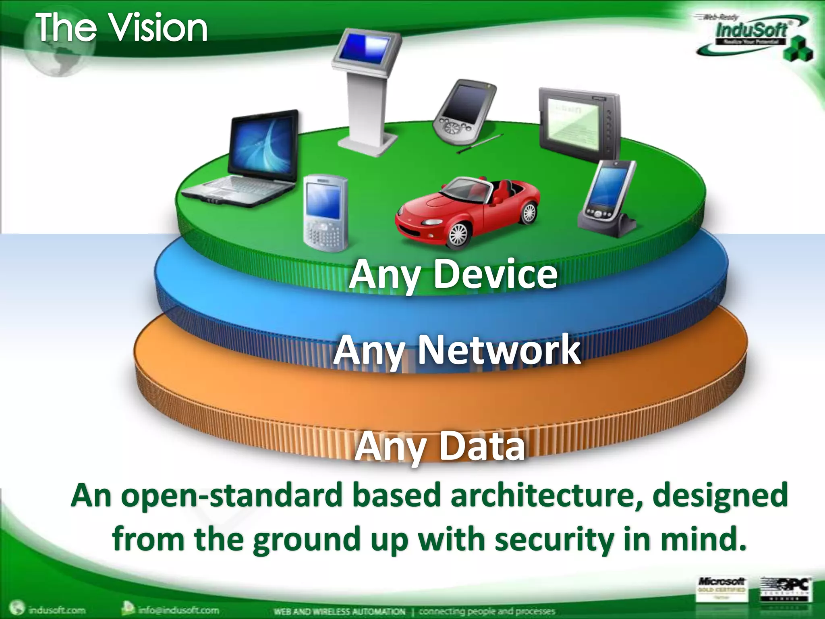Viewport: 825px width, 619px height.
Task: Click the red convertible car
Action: [467, 210]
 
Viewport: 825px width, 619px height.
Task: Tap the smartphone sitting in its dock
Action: [608, 197]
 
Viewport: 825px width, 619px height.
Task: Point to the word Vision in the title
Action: [159, 28]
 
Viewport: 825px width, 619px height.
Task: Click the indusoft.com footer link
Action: [56, 610]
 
